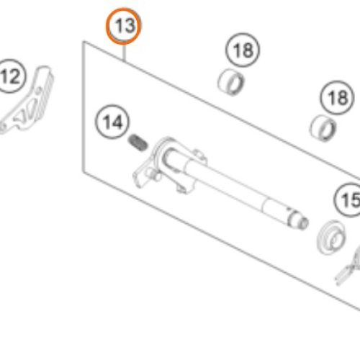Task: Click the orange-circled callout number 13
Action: (x=124, y=26)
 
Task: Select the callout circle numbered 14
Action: (x=112, y=122)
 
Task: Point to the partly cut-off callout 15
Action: (x=348, y=200)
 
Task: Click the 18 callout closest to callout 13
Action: (x=243, y=50)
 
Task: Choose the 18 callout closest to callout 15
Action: (x=337, y=98)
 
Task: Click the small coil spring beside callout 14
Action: (x=138, y=143)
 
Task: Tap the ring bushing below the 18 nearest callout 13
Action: (x=231, y=82)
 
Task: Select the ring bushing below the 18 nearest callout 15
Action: (x=323, y=128)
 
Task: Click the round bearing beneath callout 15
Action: (x=331, y=238)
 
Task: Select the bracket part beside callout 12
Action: (x=27, y=101)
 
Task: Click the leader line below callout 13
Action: (x=124, y=53)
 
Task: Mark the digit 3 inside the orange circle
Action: (x=130, y=26)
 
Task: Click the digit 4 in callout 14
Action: (x=117, y=122)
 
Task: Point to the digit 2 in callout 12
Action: (x=14, y=76)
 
